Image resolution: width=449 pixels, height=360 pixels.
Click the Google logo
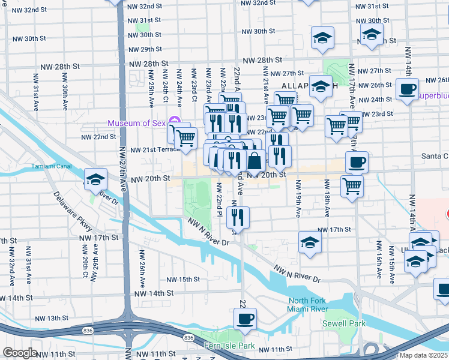[x=20, y=352]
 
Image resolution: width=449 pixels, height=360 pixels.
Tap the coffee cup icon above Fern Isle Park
[x=245, y=319]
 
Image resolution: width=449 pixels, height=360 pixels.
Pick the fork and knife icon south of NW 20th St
[x=239, y=217]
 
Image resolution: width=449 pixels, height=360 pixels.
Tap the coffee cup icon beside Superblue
[x=408, y=89]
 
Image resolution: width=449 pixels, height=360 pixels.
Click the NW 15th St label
[x=183, y=280]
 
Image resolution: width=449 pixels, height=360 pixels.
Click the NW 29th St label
[x=143, y=49]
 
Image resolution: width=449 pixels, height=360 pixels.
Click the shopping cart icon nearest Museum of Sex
[x=186, y=138]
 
